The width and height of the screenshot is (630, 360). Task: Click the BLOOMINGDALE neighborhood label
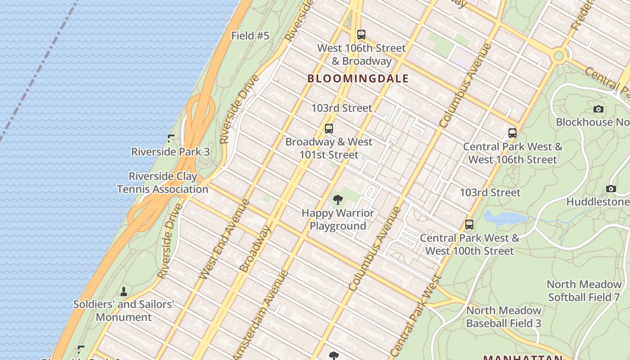[x=358, y=79]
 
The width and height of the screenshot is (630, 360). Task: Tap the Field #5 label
[x=250, y=36]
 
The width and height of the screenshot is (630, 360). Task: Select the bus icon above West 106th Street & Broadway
[x=361, y=34]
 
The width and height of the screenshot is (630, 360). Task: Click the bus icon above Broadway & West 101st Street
[x=329, y=129]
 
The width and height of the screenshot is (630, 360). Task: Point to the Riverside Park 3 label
[x=170, y=152]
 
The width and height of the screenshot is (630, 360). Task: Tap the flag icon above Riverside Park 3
[x=171, y=139]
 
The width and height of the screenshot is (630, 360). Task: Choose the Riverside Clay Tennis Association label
[x=162, y=183]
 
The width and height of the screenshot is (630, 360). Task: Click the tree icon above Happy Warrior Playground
[x=337, y=200]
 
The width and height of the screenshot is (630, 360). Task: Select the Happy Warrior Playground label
[x=337, y=219]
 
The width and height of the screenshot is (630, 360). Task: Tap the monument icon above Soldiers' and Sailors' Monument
[x=124, y=292]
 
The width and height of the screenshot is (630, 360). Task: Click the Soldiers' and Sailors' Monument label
[x=124, y=310]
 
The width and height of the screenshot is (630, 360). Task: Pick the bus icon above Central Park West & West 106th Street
[x=512, y=133]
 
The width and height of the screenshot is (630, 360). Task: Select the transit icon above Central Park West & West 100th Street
[x=469, y=225]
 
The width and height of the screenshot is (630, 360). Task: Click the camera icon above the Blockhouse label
[x=598, y=109]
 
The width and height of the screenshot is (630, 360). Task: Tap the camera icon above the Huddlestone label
[x=611, y=189]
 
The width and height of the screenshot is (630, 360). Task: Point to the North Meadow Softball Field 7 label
[x=585, y=291]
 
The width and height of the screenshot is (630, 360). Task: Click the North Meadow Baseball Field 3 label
[x=504, y=317]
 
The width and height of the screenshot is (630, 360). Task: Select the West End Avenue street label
[x=224, y=239]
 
